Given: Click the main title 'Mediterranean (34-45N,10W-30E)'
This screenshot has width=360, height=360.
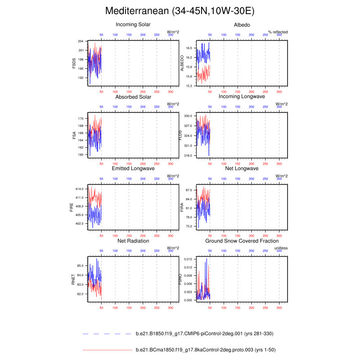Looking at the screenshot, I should [x=180, y=11].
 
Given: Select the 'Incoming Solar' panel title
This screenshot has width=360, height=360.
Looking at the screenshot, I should [x=133, y=24].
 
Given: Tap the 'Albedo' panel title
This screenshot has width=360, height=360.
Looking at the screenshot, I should [x=242, y=24].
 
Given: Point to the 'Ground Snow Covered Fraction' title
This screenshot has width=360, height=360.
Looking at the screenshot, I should [x=242, y=241].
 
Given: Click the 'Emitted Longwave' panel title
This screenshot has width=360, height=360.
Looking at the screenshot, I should [x=133, y=169].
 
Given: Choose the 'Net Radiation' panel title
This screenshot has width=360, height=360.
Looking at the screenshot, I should [x=133, y=241].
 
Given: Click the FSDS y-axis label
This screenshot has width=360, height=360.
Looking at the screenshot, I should [x=74, y=63].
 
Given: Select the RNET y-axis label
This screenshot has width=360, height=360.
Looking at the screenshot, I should [x=74, y=280].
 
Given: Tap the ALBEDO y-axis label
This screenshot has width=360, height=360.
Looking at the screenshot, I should [x=182, y=63].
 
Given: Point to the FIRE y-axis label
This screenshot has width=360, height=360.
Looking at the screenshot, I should [x=74, y=208].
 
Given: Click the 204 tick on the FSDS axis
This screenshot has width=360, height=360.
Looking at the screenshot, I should [x=81, y=41].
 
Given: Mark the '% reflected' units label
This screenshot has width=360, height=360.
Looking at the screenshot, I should [x=278, y=32].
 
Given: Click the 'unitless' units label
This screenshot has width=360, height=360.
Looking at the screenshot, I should [x=281, y=248].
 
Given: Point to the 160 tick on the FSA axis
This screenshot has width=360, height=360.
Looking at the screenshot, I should [x=81, y=155].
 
